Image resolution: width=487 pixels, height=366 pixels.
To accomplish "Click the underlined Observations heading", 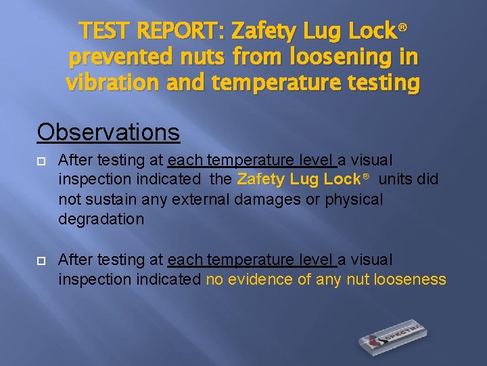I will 108,131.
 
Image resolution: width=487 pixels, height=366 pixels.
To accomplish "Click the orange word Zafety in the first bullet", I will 261,180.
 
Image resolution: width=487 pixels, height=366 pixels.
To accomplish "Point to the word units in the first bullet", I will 395,180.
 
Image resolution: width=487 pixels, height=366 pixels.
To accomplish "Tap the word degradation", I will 101,220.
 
